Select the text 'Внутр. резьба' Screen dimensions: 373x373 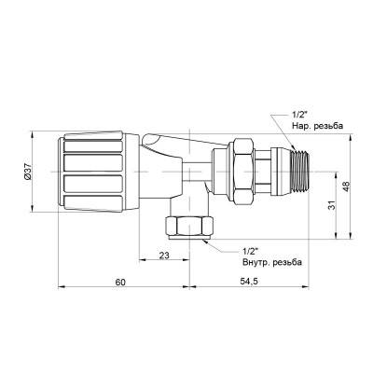(274, 262)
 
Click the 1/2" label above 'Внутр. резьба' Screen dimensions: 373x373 (250, 250)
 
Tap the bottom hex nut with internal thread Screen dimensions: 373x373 (188, 228)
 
